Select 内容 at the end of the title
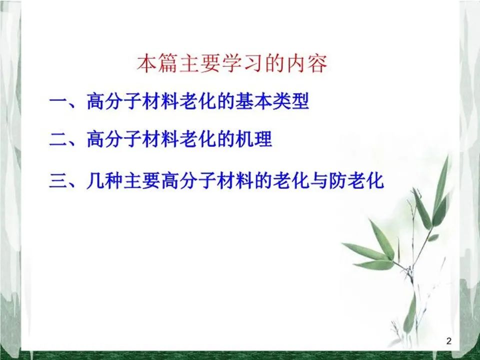(x=307, y=63)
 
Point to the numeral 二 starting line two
(x=58, y=139)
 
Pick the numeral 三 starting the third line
(x=58, y=180)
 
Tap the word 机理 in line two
(x=254, y=139)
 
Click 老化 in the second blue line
(x=198, y=139)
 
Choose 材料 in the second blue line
(x=160, y=139)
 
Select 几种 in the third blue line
(x=104, y=180)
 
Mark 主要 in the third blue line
(x=142, y=180)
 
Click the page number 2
(x=449, y=340)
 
